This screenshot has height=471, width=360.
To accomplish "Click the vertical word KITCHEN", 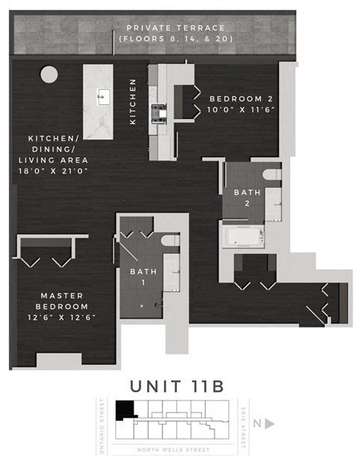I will coord(133,102).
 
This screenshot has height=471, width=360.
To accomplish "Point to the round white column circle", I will coord(48,74).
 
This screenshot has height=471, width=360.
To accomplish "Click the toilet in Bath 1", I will coord(170,241).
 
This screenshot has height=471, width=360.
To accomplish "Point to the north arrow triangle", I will coord(270,424).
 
